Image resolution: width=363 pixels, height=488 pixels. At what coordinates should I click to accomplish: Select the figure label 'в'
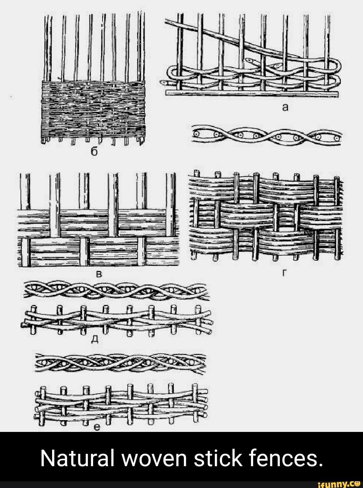(x=100, y=274)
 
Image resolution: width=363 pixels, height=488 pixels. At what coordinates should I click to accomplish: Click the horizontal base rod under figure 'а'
(x=251, y=93)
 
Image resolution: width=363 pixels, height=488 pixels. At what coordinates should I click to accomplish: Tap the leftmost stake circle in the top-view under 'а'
(x=197, y=134)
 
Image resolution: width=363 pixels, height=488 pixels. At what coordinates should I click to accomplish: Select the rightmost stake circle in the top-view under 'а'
(x=337, y=139)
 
